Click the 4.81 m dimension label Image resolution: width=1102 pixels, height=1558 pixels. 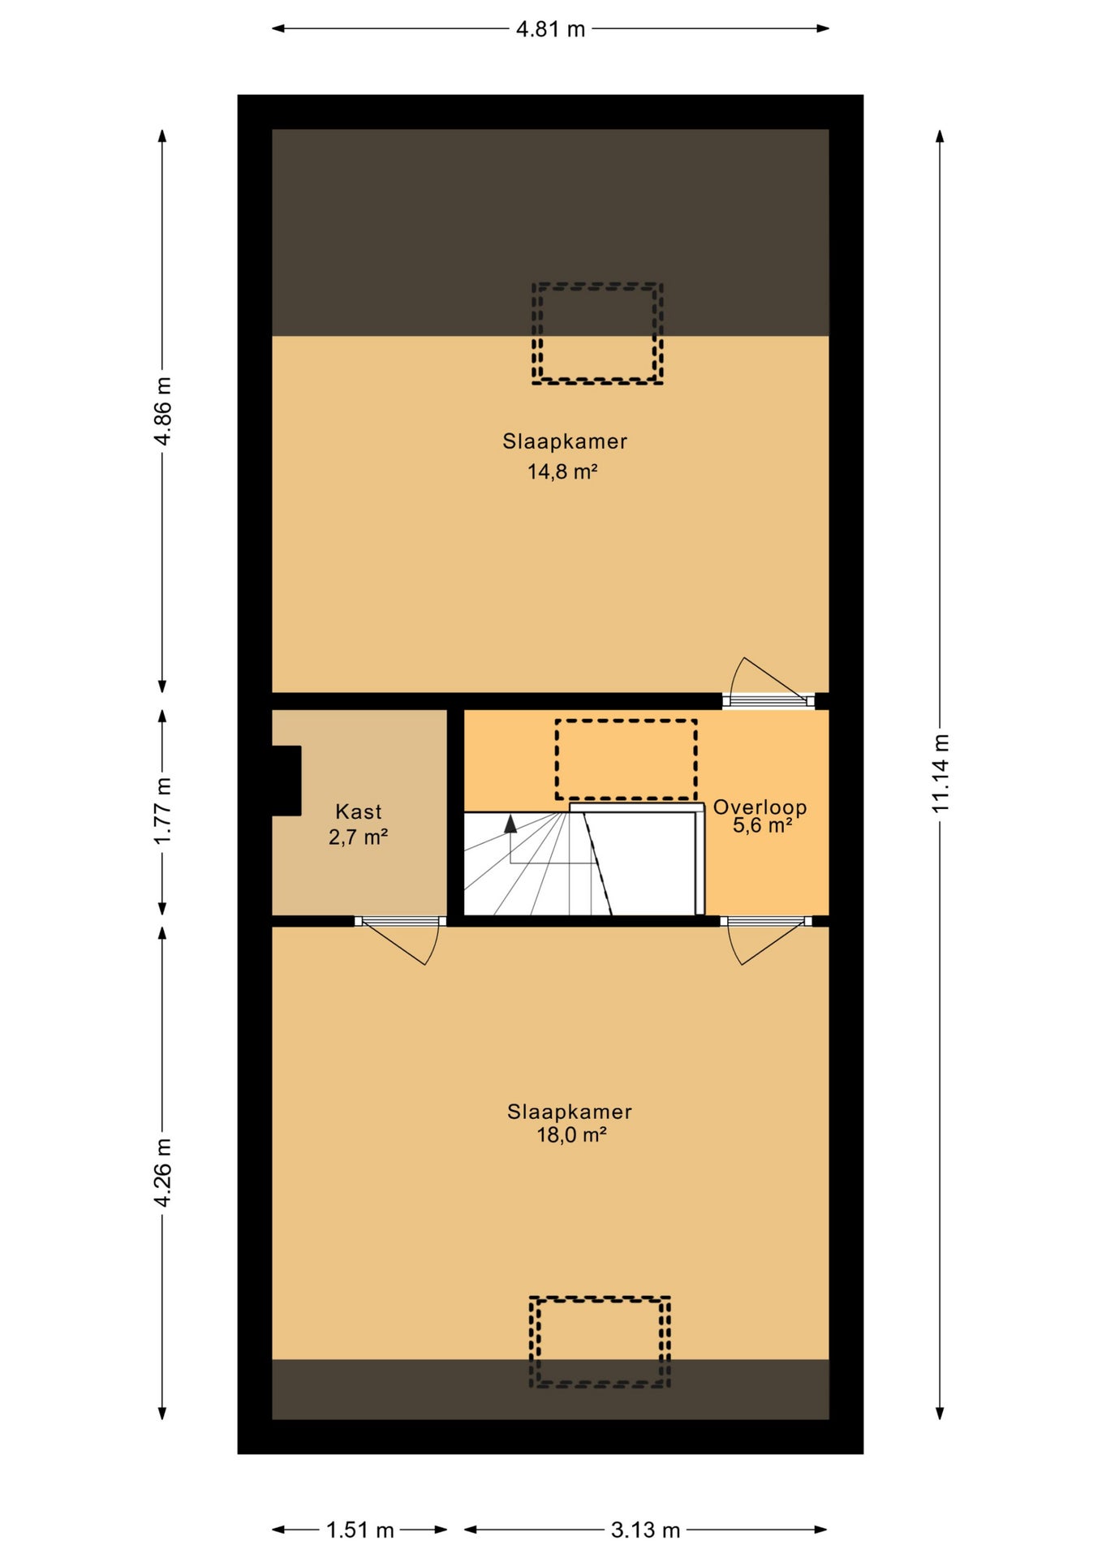coord(550,29)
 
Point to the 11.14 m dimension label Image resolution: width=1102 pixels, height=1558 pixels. coord(940,773)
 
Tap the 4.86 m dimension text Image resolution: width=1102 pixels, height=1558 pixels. coord(162,411)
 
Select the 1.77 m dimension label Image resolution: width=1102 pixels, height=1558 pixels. coord(162,811)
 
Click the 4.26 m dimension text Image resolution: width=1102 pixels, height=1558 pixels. coord(162,1172)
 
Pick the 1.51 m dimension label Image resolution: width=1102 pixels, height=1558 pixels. coord(359,1530)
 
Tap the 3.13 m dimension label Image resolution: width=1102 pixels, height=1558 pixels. coord(645,1530)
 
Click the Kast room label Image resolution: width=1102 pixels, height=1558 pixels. coord(359,811)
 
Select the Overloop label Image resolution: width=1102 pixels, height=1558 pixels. coord(760,807)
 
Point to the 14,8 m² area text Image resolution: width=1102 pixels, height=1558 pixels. coord(562,471)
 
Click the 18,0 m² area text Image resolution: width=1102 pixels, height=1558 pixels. coord(571,1134)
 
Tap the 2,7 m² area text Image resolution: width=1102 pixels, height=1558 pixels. coord(358,837)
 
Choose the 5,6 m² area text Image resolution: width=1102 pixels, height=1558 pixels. coord(762,825)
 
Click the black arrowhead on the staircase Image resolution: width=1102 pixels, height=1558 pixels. coord(510,824)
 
